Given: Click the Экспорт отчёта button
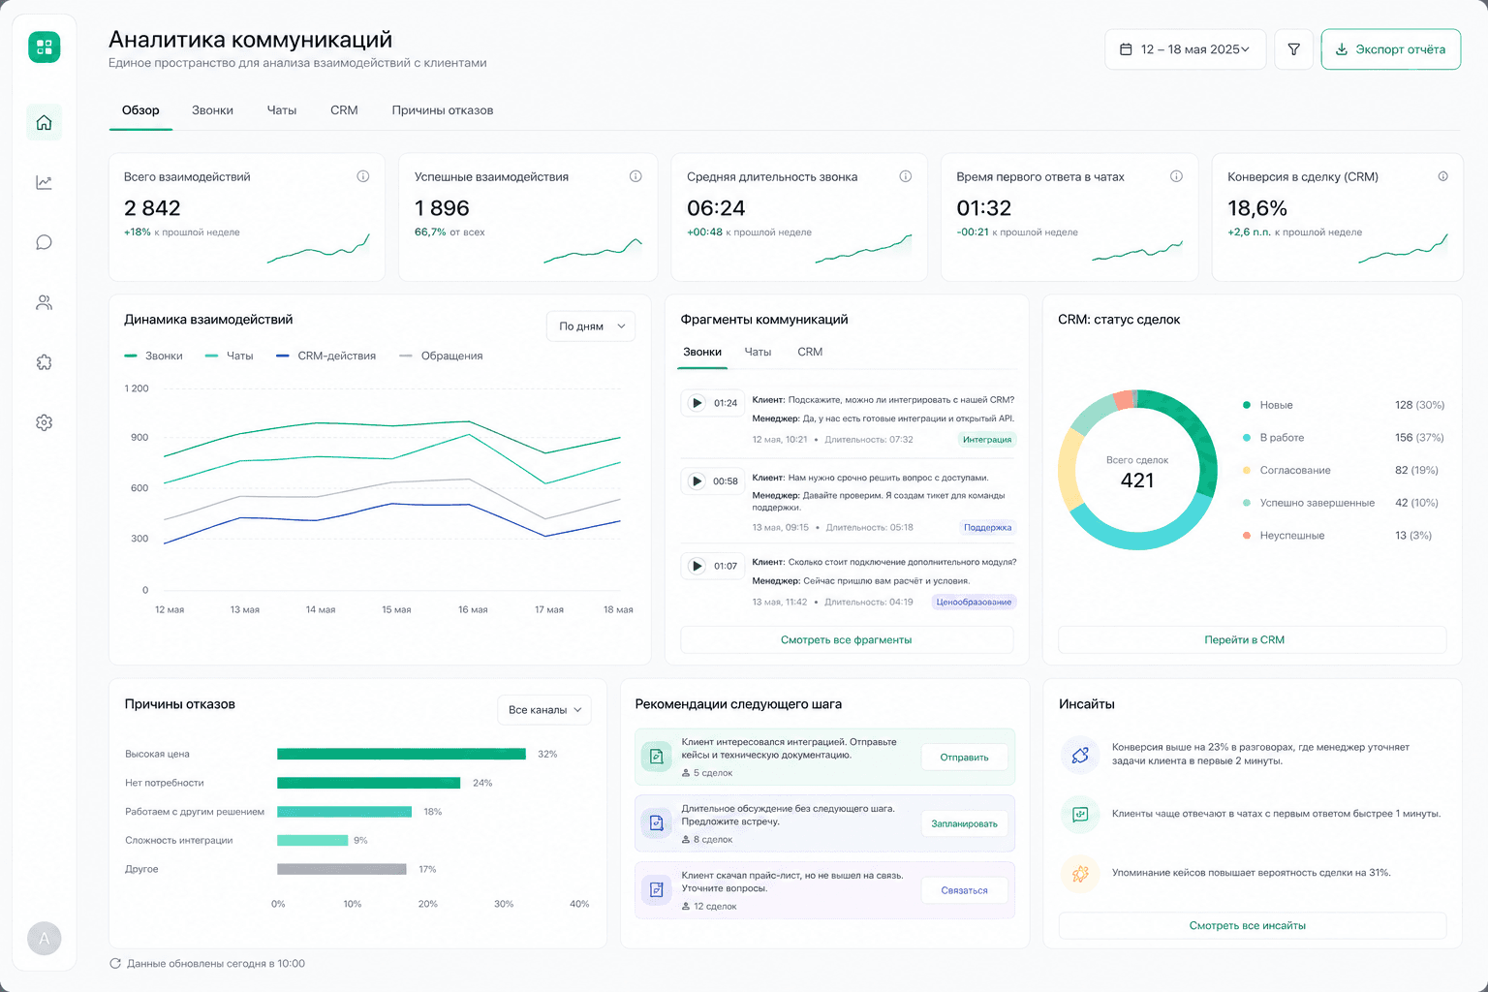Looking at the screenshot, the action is click(x=1390, y=49).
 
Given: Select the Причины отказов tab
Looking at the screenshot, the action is click(x=443, y=110).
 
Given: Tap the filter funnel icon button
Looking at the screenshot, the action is click(x=1293, y=49).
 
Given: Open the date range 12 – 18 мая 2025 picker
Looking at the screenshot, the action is click(x=1185, y=49).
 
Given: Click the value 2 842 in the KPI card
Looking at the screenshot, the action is click(x=152, y=208).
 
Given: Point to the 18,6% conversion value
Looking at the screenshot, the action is click(x=1256, y=208).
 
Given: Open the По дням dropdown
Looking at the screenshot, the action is click(x=591, y=326).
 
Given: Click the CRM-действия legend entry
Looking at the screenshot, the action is click(x=325, y=356).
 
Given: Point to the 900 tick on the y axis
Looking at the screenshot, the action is click(x=139, y=437).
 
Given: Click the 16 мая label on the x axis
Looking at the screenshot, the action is click(x=473, y=609).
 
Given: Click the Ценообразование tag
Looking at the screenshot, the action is click(x=974, y=602).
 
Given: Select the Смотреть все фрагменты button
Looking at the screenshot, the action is click(x=847, y=639).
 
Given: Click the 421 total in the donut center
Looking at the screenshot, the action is click(x=1136, y=480).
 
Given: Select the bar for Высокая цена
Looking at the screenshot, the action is click(x=401, y=754).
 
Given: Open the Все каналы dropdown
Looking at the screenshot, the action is click(x=544, y=710).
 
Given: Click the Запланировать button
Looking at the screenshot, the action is click(x=964, y=823).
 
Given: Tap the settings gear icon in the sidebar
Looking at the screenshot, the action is click(x=44, y=422).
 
